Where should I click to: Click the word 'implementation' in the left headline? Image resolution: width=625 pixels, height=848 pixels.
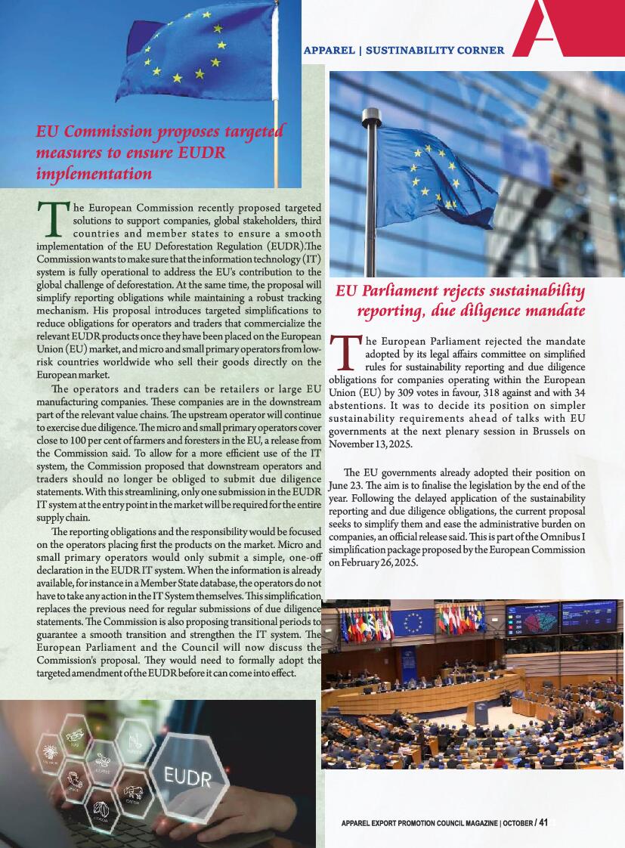click(94, 173)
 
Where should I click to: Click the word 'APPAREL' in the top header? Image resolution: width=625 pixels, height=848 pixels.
click(329, 51)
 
